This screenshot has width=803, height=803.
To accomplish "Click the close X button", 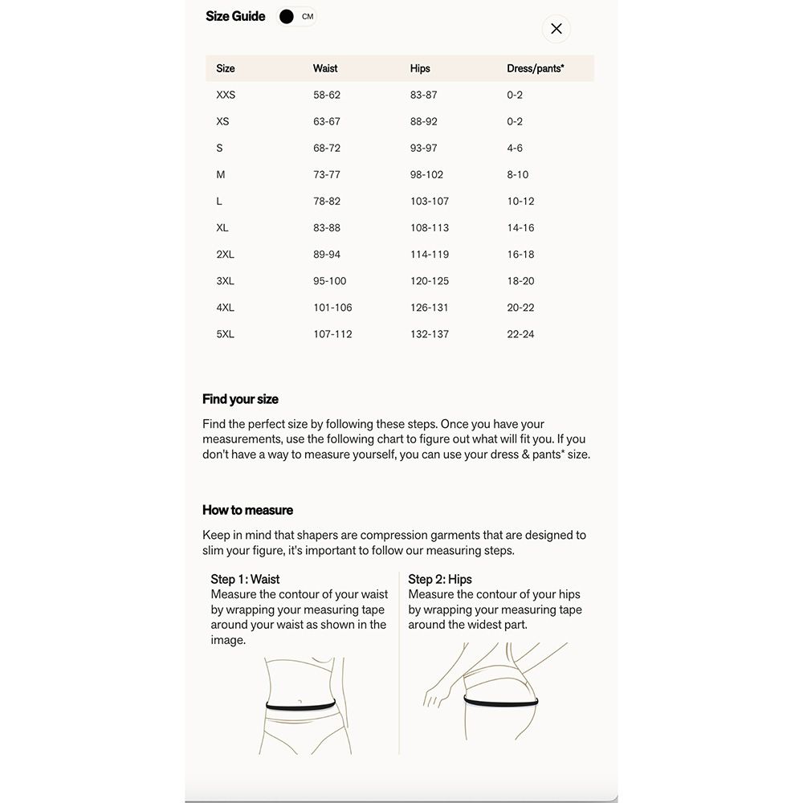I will (556, 29).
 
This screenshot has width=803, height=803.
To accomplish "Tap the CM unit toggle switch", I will (296, 17).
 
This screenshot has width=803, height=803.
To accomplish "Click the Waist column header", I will (325, 68).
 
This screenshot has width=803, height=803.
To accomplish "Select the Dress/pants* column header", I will (535, 68).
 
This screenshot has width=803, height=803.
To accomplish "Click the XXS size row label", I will (226, 95).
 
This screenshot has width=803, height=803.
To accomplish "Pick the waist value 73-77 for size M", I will (327, 174).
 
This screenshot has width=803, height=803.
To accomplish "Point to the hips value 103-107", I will (430, 201).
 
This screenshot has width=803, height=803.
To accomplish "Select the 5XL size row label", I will (225, 334).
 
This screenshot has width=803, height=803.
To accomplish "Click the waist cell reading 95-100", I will (330, 281).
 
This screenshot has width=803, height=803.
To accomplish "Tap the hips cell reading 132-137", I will (430, 334).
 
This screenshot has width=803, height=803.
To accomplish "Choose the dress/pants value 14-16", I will (520, 227).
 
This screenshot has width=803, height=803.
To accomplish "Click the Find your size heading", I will (240, 399).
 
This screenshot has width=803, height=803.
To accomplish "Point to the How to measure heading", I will (247, 510).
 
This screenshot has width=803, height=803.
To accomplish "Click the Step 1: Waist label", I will (245, 579).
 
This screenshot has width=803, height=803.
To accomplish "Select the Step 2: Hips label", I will (440, 579).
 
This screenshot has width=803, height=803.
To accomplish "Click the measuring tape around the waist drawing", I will (301, 706).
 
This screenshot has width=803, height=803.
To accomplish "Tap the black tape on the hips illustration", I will (500, 702).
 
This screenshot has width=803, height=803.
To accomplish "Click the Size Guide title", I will (235, 16).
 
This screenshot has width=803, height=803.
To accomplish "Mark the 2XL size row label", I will (225, 255).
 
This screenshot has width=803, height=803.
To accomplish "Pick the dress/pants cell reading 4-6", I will (515, 148).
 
